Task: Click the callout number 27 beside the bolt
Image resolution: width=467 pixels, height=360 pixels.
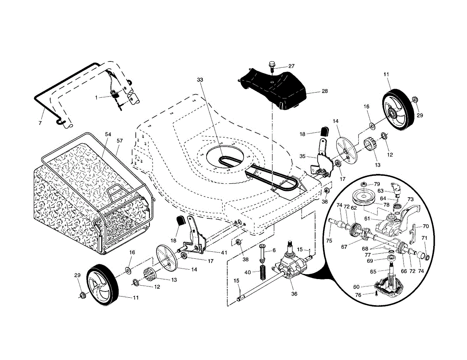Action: [x=291, y=66]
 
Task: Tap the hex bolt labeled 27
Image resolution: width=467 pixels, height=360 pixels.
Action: [x=272, y=67]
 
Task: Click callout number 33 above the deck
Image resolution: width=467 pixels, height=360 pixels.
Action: [x=200, y=80]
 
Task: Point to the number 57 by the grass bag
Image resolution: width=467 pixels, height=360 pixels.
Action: [x=119, y=141]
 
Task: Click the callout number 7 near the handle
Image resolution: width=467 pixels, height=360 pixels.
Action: [x=40, y=123]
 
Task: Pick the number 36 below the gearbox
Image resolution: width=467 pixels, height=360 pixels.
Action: [x=294, y=294]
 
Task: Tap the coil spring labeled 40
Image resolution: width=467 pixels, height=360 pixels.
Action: [x=262, y=272]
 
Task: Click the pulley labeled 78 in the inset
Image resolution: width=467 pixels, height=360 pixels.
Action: [x=363, y=198]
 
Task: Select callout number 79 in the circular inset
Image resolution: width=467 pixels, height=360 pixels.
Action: [x=377, y=184]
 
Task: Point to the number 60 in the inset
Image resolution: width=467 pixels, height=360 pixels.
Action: [x=356, y=287]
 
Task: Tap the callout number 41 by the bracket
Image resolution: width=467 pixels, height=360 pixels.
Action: [x=224, y=253]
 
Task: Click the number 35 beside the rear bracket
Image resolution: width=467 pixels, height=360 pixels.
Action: [x=302, y=156]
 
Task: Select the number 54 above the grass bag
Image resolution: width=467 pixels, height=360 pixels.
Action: [x=108, y=134]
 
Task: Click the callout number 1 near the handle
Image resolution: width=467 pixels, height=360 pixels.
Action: [x=97, y=98]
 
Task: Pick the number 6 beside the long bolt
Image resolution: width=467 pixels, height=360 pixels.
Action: [x=274, y=250]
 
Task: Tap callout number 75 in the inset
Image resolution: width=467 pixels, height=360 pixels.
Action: [x=329, y=241]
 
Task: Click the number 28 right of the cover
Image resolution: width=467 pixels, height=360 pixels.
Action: [x=325, y=91]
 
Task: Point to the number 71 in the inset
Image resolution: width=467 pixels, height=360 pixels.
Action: [x=424, y=238]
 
